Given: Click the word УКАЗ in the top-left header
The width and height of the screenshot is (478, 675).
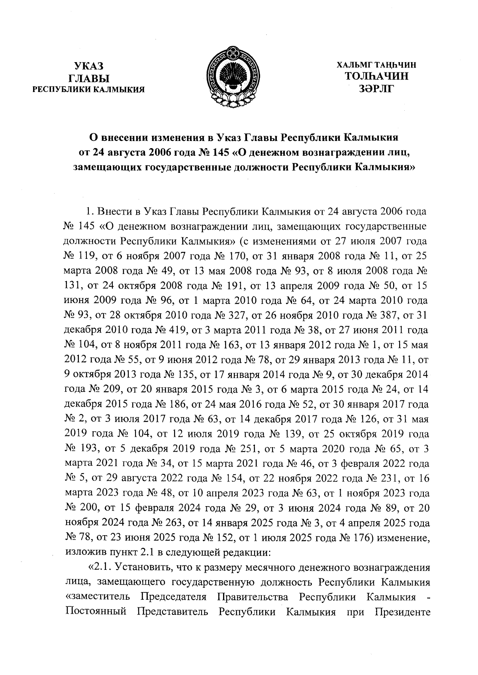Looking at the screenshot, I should point(89,66).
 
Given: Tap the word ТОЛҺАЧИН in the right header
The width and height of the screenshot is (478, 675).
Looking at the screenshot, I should point(376,76).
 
